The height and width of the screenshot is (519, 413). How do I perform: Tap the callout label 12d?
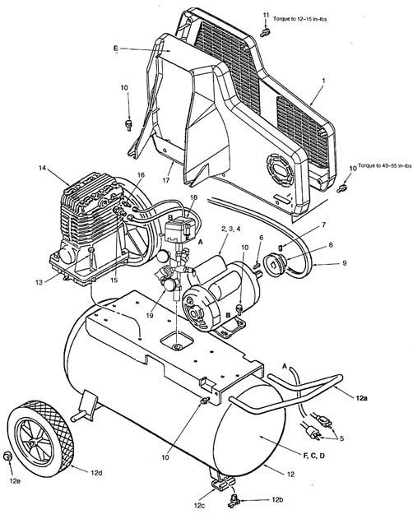tap(96, 473)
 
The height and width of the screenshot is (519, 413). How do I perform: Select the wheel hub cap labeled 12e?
tap(7, 456)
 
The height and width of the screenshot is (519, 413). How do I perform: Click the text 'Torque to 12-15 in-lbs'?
tap(299, 19)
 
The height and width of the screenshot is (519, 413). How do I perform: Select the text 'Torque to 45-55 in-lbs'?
tap(385, 165)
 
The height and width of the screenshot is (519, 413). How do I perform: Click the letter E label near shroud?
tap(115, 49)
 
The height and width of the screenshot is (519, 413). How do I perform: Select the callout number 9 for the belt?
tap(345, 263)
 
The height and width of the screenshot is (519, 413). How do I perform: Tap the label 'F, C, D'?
tap(313, 456)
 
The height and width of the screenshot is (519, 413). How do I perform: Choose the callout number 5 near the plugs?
tap(341, 438)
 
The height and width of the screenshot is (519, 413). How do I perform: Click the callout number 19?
tap(150, 316)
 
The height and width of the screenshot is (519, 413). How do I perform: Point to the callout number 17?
tap(165, 180)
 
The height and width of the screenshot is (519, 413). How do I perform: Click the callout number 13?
tap(39, 282)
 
